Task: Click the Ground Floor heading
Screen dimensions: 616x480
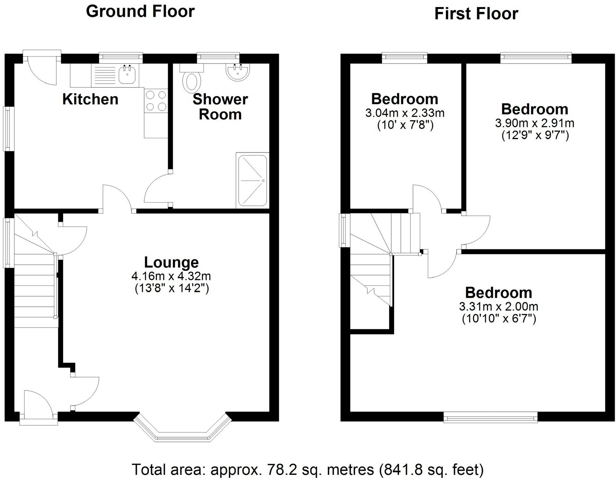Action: pos(140,11)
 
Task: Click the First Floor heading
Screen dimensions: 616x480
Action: pos(476,14)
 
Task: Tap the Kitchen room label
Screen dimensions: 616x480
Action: pos(90,99)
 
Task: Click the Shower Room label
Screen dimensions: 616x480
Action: pos(220,107)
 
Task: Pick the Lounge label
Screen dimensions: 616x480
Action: pos(171,262)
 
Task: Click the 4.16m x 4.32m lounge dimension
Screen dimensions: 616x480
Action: pos(171,276)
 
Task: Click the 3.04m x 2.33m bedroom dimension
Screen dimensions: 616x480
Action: pos(405,113)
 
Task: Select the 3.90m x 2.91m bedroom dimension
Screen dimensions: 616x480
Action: pos(535,123)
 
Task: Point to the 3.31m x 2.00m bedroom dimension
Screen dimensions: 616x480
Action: pos(498,306)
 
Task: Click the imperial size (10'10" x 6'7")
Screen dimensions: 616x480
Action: pos(499,319)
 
